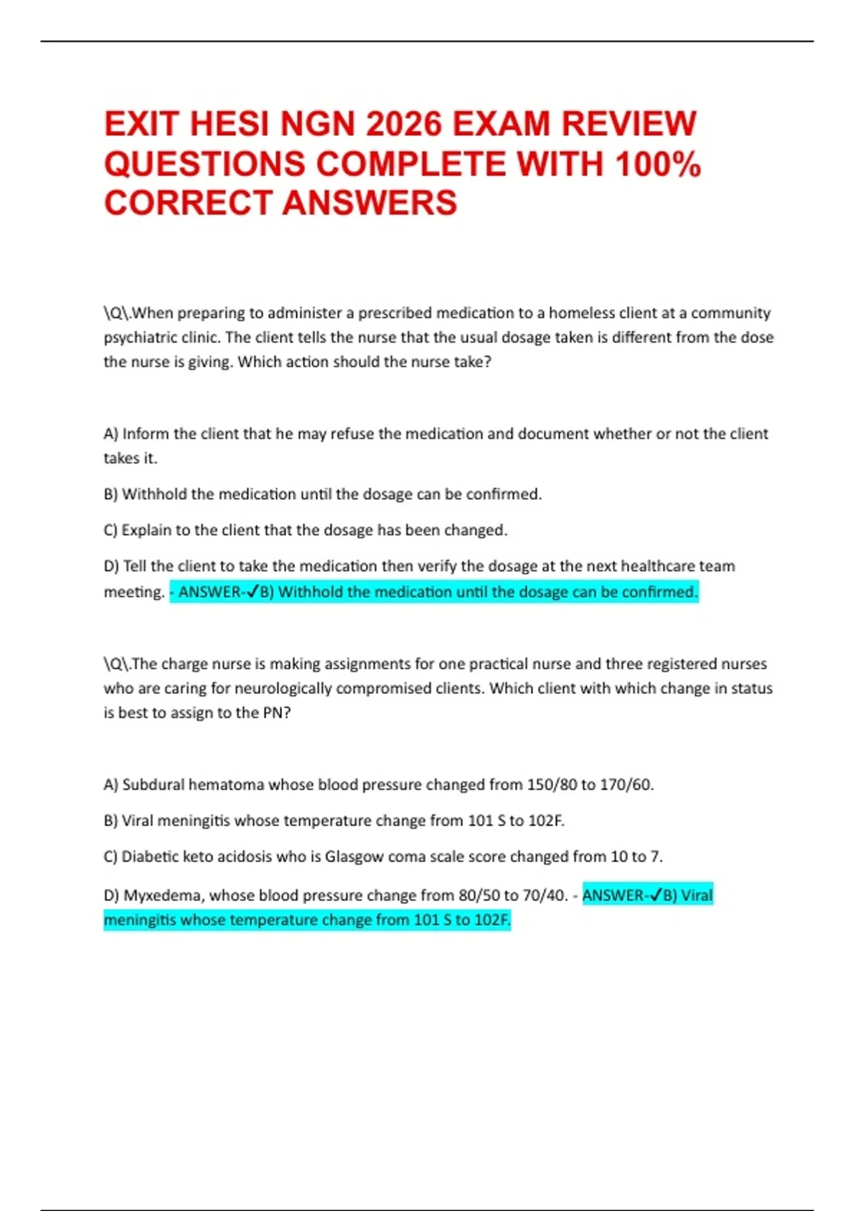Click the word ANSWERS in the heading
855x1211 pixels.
pos(370,203)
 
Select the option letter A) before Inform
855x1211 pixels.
pos(110,434)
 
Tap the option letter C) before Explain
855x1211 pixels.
pos(110,530)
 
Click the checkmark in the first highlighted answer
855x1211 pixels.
pos(252,592)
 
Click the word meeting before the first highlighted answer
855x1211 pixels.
pos(133,592)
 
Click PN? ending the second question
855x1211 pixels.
pos(276,713)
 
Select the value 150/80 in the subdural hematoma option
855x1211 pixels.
pos(551,785)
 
